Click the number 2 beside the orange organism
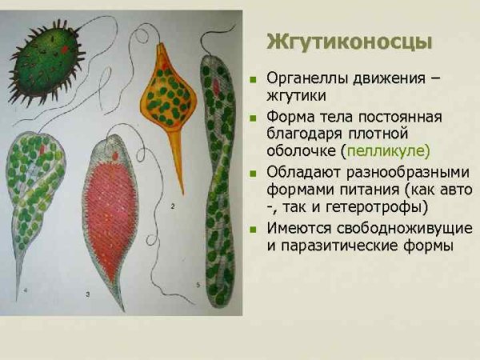tap(173, 206)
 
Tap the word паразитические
tap(340, 245)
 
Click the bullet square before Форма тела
tap(254, 117)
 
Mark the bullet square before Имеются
tap(254, 228)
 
